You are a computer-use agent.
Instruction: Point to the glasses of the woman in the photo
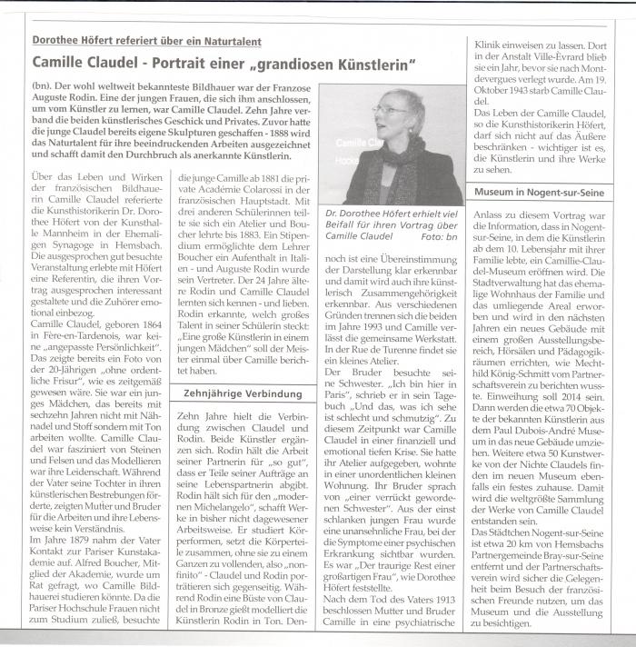389,110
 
